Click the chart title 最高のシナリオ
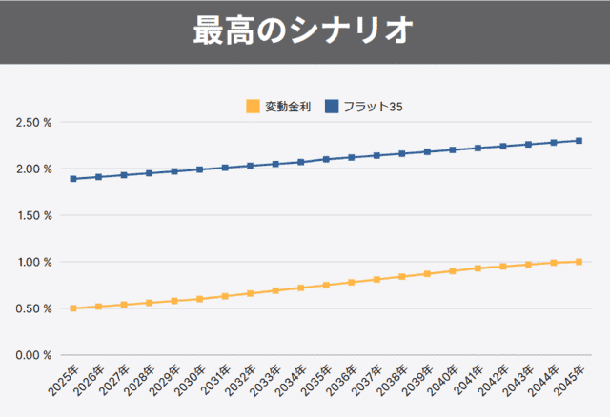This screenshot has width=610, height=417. (304, 30)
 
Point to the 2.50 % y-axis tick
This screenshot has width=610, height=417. (33, 123)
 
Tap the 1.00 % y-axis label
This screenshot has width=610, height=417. (33, 262)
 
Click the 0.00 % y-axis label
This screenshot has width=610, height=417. (33, 355)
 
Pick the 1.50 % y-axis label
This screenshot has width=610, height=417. (33, 215)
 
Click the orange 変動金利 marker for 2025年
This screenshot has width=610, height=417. (73, 308)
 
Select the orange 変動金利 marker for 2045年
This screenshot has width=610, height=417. (579, 262)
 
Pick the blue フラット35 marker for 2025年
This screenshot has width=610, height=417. (73, 179)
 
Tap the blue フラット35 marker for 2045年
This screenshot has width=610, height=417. (579, 141)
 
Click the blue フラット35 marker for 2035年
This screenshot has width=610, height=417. (326, 159)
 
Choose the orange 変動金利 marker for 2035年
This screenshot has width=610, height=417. (326, 285)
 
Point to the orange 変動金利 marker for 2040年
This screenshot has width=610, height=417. (453, 271)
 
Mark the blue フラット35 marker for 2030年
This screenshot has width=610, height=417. (200, 169)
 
